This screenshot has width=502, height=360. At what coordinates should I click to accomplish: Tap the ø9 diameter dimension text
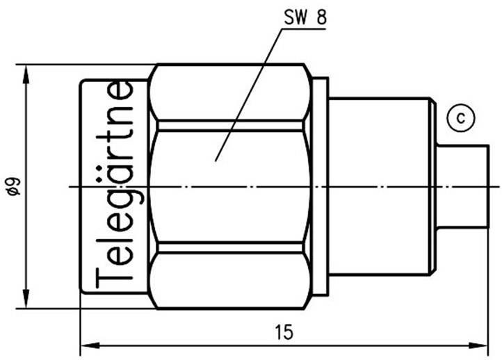click(12, 186)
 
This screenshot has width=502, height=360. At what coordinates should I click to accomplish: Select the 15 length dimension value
click(283, 332)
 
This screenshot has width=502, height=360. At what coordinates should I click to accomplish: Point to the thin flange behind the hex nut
click(321, 186)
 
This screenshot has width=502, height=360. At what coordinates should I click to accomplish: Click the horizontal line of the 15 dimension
click(209, 343)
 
